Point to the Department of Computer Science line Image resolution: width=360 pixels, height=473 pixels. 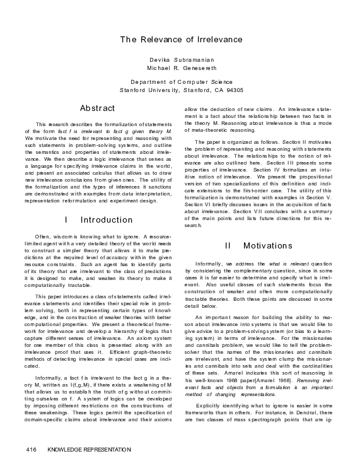[x=181, y=82]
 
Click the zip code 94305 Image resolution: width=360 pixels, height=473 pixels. [x=234, y=91]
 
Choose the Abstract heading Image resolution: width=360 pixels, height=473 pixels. [x=97, y=108]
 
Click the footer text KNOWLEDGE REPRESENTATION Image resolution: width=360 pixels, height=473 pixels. [x=89, y=450]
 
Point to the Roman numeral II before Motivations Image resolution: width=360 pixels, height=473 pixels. [x=228, y=245]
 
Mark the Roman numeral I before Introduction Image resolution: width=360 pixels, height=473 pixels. [x=66, y=220]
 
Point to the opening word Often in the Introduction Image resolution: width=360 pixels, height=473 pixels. [x=44, y=235]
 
